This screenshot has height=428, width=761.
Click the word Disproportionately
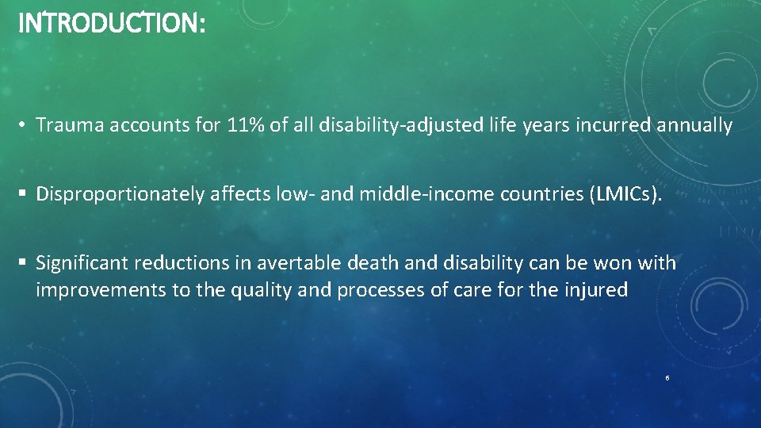tap(120, 194)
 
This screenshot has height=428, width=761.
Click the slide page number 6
tap(667, 378)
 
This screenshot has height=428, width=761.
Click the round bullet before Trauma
tap(24, 125)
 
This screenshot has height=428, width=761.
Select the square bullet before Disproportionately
tap(24, 194)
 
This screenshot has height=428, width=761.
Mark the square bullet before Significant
tap(24, 262)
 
